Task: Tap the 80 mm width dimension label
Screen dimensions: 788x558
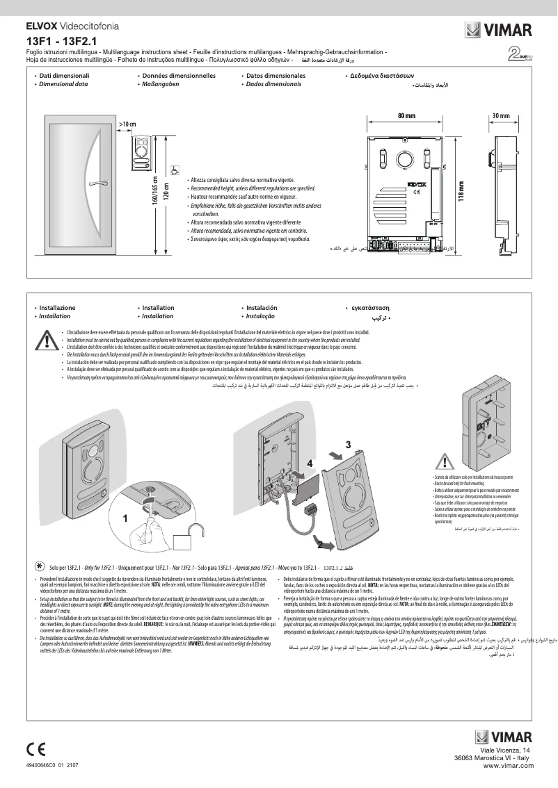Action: (x=406, y=115)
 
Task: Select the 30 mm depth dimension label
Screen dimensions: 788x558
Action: (x=500, y=115)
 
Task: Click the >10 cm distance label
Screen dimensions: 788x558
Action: (x=127, y=124)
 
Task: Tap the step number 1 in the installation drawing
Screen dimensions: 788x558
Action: (x=126, y=518)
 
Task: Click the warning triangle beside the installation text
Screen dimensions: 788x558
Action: (x=47, y=340)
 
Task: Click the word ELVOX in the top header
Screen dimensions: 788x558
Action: (x=40, y=26)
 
